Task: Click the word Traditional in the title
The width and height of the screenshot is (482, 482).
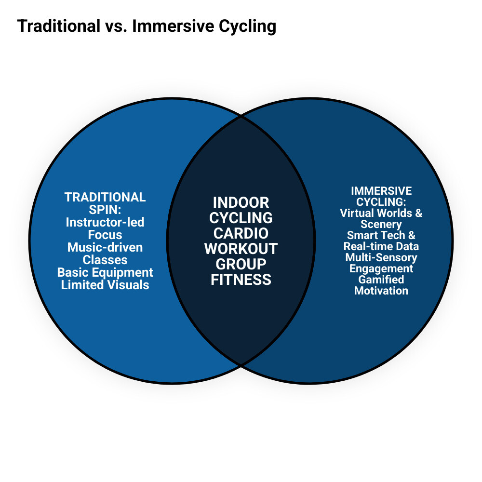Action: tap(58, 27)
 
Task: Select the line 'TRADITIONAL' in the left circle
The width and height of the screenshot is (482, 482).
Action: tap(105, 197)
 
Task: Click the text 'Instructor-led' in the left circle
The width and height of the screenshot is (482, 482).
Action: tap(105, 222)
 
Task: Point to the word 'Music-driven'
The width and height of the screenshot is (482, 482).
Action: tap(105, 247)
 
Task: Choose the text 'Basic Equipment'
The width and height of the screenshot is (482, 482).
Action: tap(105, 272)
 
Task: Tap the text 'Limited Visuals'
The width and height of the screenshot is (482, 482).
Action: tap(105, 285)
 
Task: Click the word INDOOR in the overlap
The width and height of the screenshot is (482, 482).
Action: tap(241, 202)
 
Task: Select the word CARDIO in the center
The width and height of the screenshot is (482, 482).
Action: tap(241, 233)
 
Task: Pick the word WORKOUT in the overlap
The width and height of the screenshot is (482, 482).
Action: tap(241, 248)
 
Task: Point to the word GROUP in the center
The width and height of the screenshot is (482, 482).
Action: tap(241, 264)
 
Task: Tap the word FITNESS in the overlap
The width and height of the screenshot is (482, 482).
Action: tap(241, 279)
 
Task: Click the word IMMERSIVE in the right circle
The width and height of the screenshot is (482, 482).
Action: tap(381, 191)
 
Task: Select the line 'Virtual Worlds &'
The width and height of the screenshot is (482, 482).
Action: tap(381, 213)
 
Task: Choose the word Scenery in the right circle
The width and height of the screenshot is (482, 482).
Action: tap(381, 224)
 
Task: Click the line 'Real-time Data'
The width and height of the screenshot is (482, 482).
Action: tap(381, 246)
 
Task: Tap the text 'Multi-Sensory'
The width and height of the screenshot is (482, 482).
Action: tap(381, 257)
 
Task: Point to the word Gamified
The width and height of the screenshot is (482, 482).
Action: tap(381, 280)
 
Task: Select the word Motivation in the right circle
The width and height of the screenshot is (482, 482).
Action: tap(381, 291)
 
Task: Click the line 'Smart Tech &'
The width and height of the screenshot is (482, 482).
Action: tap(381, 235)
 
